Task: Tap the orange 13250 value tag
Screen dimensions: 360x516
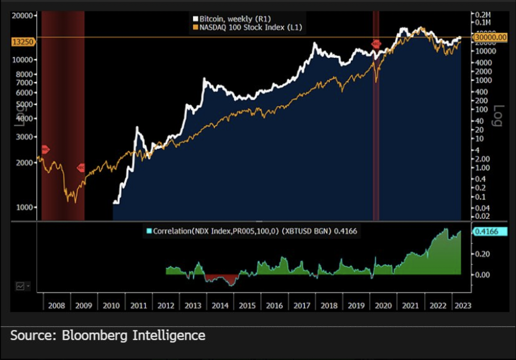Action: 23,42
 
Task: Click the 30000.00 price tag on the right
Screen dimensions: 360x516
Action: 490,37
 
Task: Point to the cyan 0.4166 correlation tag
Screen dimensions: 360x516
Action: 489,231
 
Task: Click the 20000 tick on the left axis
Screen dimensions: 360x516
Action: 22,15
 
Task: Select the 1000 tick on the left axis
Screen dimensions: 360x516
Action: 24,207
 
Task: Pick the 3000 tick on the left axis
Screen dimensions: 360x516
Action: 24,137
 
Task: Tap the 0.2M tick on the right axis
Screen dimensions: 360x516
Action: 482,15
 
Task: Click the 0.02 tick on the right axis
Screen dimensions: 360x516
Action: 482,216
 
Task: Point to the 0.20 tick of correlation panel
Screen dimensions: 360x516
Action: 482,254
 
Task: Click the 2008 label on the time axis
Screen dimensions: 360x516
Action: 56,306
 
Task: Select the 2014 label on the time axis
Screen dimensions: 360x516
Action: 220,306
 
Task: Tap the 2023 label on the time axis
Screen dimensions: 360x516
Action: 463,306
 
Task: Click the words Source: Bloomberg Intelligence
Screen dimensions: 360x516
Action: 108,336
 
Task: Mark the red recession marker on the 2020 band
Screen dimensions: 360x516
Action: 376,44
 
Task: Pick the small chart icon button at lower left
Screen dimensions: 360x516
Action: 20,286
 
